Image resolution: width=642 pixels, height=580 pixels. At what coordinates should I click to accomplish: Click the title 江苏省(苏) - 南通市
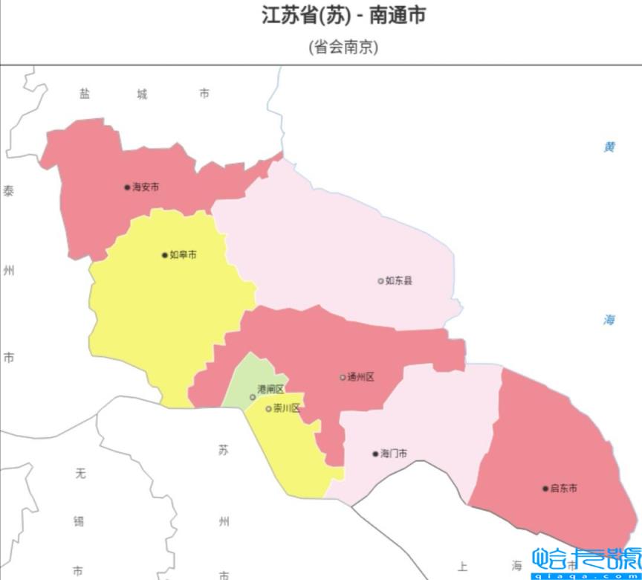(x=343, y=16)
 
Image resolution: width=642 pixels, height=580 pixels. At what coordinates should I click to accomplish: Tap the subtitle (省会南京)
(x=343, y=47)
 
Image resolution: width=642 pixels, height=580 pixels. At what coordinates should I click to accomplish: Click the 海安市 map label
(x=146, y=187)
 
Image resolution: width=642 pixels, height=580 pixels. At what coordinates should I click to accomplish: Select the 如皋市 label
(x=184, y=255)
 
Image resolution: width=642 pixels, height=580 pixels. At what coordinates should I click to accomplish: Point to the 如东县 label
(x=399, y=281)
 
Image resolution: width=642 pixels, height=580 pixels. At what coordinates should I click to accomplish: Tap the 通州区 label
(x=361, y=378)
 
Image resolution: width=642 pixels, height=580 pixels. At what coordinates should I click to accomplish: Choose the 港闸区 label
(x=270, y=390)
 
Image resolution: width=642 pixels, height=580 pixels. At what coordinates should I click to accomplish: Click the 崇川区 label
(x=287, y=408)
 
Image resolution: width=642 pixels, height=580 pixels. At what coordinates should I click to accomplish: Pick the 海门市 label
(x=393, y=454)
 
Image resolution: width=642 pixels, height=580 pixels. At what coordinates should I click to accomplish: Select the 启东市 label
(x=564, y=489)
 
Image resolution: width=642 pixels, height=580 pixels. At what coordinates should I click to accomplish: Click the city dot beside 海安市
(x=127, y=187)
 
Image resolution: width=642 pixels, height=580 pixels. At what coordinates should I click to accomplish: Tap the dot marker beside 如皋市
(x=165, y=255)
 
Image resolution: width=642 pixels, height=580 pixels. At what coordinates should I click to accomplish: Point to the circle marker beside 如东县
(x=380, y=281)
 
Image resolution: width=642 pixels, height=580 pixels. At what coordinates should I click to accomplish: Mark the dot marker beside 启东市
(x=545, y=489)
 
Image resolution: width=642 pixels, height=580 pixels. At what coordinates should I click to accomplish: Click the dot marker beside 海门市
(x=375, y=454)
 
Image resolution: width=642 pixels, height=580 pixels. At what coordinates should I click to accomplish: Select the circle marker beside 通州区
(x=343, y=378)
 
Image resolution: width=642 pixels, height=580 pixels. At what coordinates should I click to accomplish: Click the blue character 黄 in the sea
(x=609, y=147)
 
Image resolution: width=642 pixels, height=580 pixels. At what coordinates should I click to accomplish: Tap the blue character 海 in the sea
(x=609, y=320)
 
